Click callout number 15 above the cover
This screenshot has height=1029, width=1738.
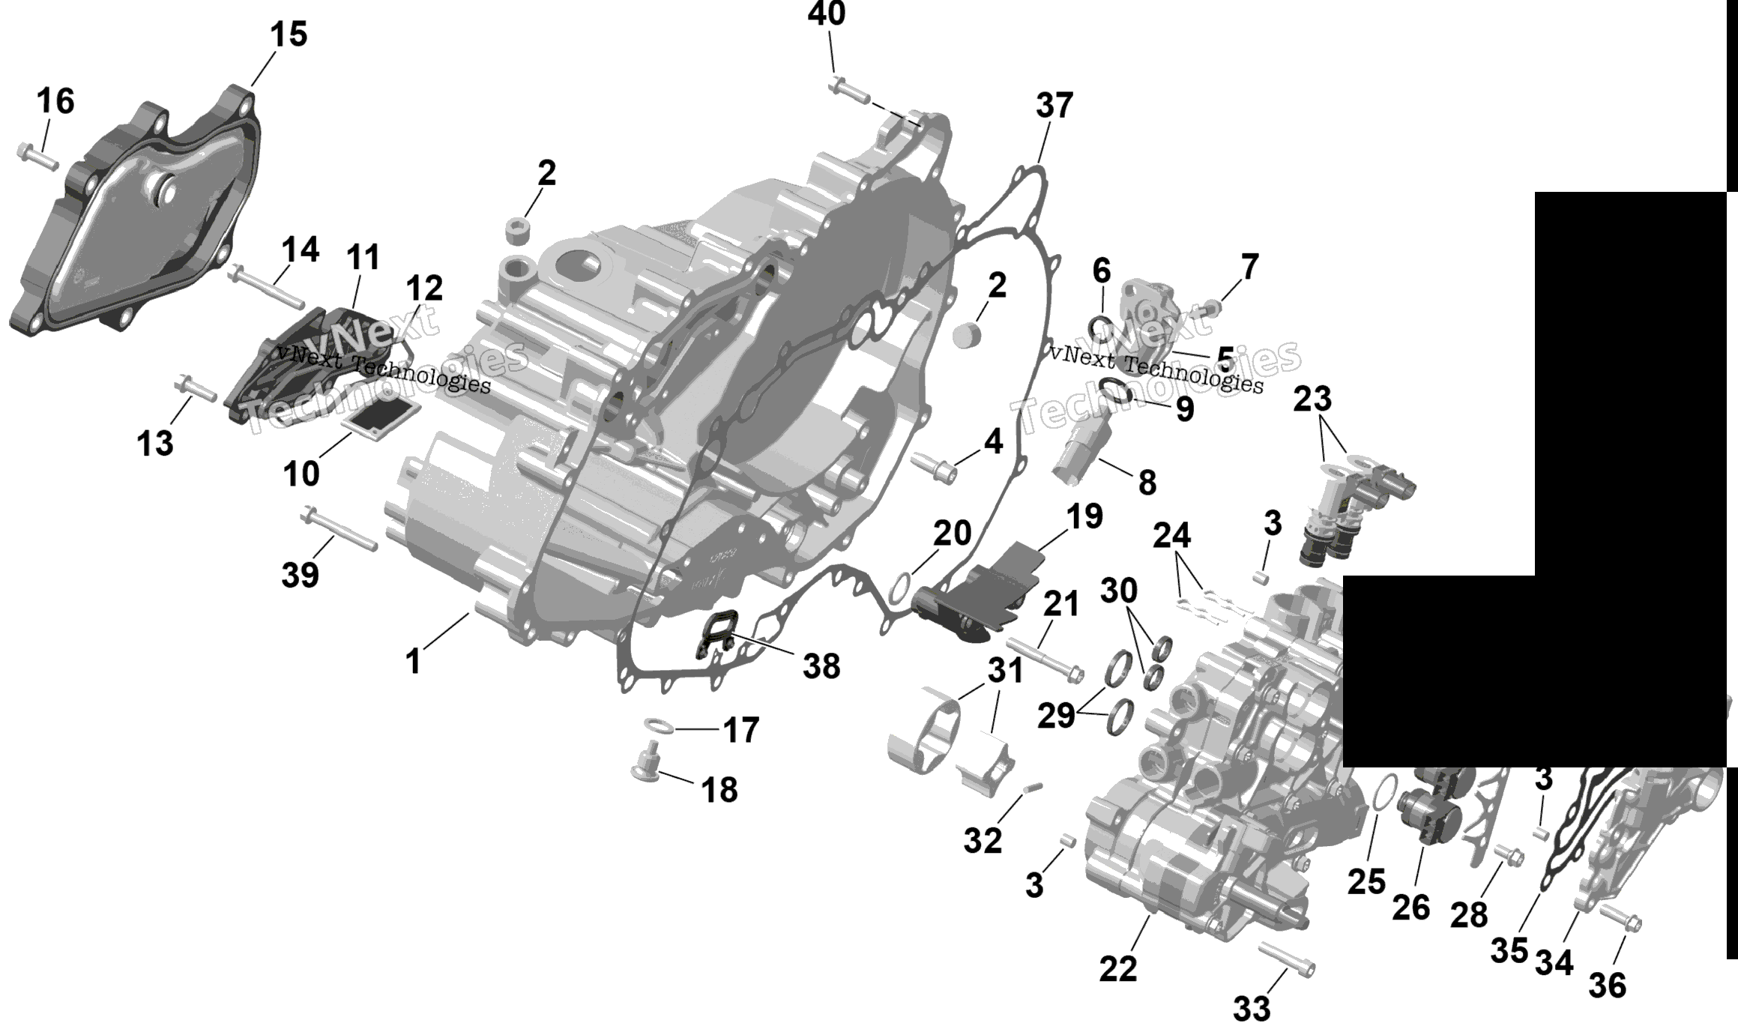[289, 35]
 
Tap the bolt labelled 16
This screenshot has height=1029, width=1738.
[37, 157]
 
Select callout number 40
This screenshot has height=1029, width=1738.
[827, 14]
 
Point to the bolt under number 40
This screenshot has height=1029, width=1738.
[849, 92]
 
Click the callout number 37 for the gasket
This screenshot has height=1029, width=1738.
[1054, 106]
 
